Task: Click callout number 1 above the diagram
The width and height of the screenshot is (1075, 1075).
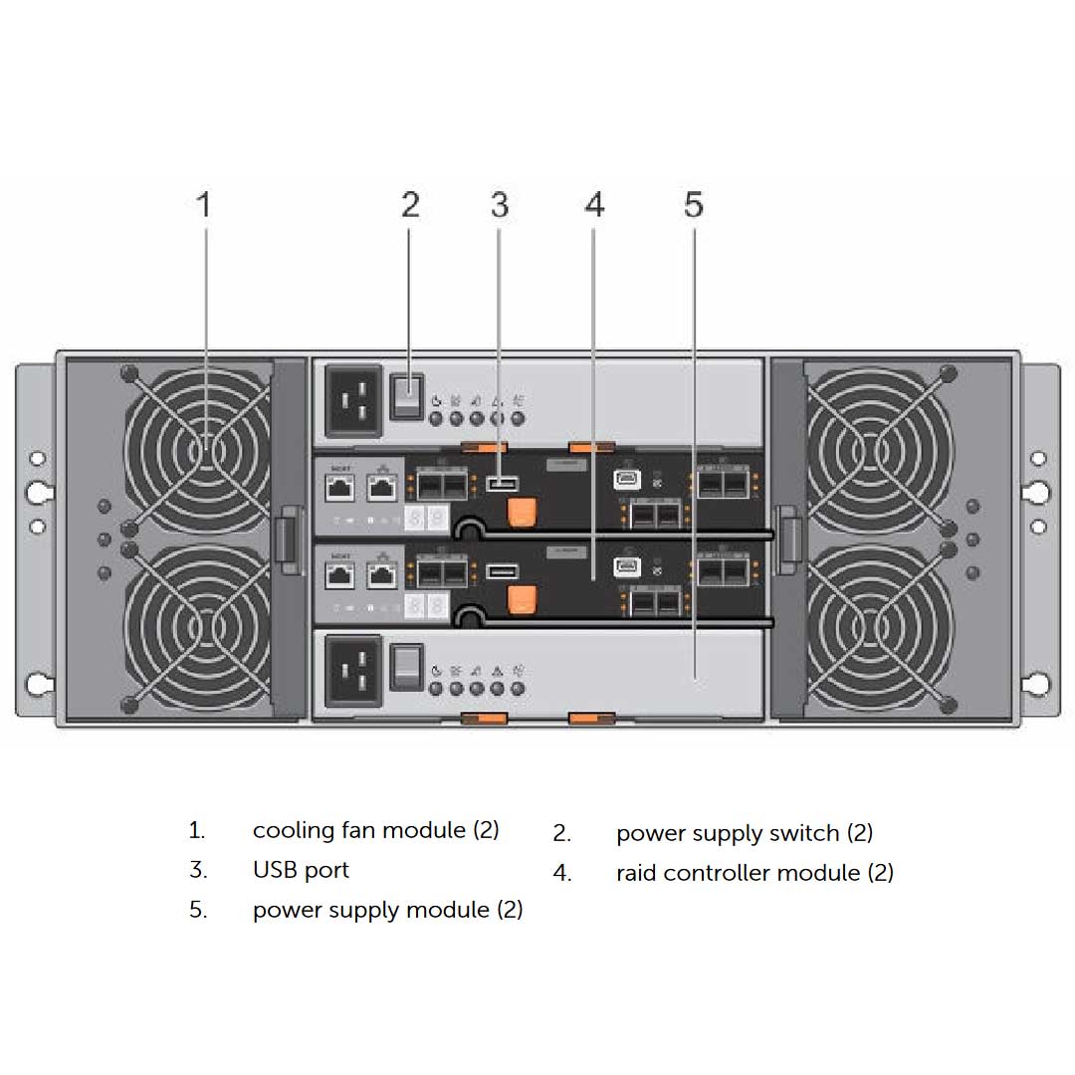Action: tap(204, 206)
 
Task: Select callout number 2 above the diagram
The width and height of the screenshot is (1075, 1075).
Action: tap(410, 206)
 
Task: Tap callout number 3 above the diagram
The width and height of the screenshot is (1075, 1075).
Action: tap(500, 206)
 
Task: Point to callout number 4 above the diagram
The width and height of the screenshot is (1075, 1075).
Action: tap(594, 206)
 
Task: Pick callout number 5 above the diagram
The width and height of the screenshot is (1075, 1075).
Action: tap(694, 206)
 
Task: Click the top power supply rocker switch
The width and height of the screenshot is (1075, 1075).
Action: tap(404, 395)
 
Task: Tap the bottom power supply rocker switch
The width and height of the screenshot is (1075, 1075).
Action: tap(404, 667)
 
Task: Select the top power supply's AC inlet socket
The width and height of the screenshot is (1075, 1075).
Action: tap(353, 398)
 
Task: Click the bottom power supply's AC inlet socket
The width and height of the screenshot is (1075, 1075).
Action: tap(353, 671)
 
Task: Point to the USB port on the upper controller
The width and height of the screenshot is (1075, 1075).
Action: tap(503, 484)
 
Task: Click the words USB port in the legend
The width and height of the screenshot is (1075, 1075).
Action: tap(301, 870)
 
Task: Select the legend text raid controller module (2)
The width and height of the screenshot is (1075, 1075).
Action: tap(754, 873)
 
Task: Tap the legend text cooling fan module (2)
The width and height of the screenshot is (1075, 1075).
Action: tap(375, 830)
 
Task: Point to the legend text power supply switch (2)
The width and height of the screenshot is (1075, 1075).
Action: tap(744, 833)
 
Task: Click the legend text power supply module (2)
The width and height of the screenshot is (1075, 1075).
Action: tap(387, 910)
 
